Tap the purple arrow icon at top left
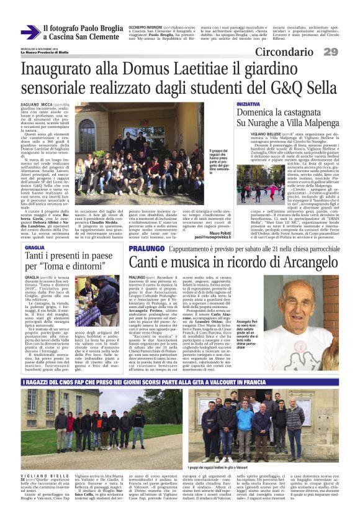(x=30, y=32)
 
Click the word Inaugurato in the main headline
(x=56, y=70)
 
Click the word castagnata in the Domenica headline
(x=300, y=114)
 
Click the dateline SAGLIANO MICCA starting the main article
(x=35, y=106)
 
